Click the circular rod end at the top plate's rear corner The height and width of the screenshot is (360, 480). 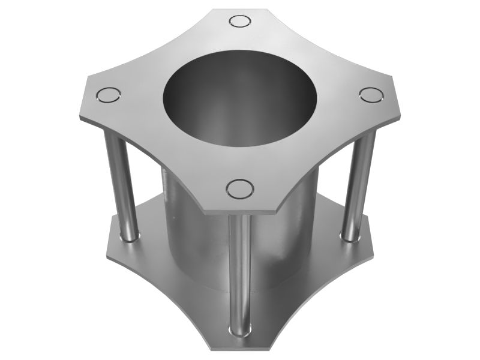241,22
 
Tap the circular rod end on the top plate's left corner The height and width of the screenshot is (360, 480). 109,95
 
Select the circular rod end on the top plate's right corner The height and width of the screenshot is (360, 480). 371,95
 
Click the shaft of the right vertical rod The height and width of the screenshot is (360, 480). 359,180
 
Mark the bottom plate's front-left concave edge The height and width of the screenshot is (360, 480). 162,288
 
